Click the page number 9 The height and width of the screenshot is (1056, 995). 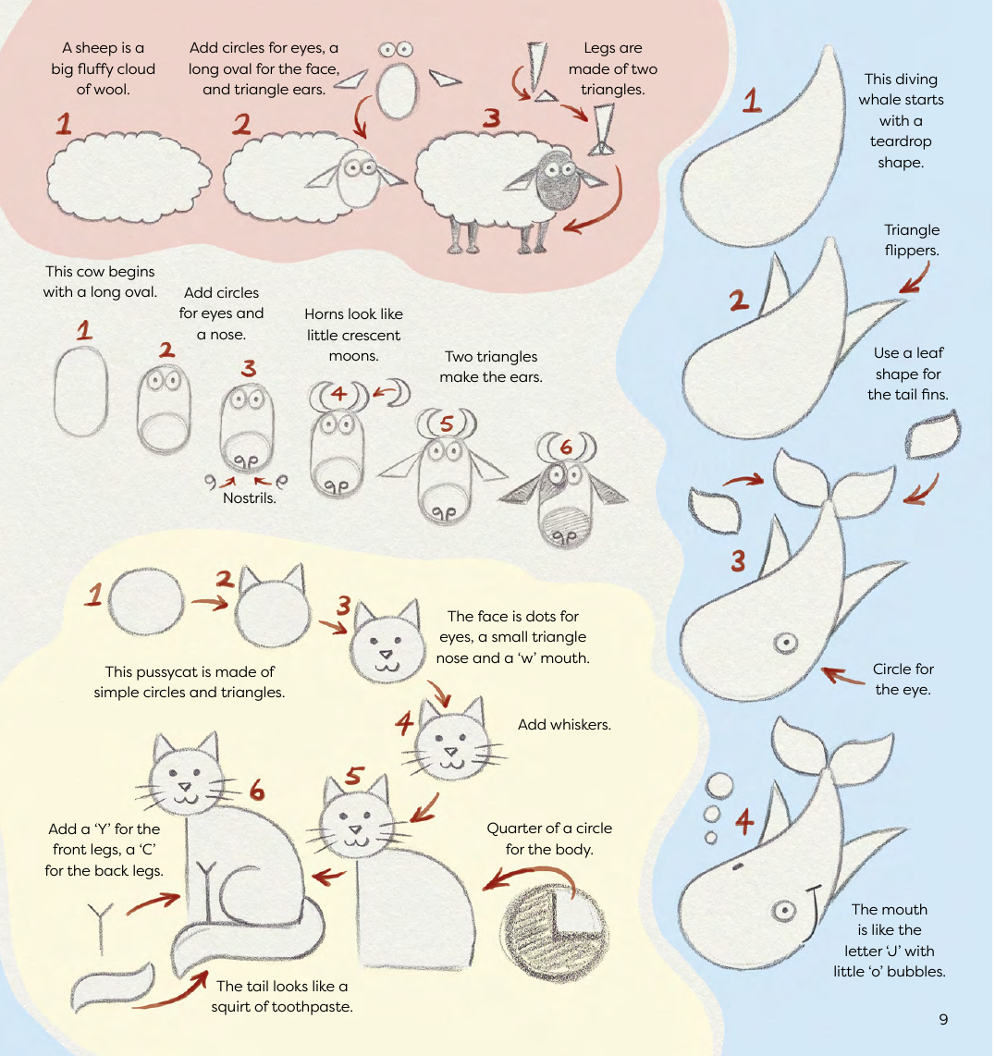coord(943,1019)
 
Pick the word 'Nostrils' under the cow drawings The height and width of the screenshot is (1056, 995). coord(250,497)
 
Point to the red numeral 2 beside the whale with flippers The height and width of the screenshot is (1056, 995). coord(738,301)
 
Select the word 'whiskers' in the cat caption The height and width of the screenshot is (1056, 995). coord(581,724)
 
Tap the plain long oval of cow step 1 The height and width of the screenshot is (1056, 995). coord(80,391)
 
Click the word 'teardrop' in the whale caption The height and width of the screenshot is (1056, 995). coord(900,141)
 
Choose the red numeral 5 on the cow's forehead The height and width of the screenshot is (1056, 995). coord(448,424)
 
